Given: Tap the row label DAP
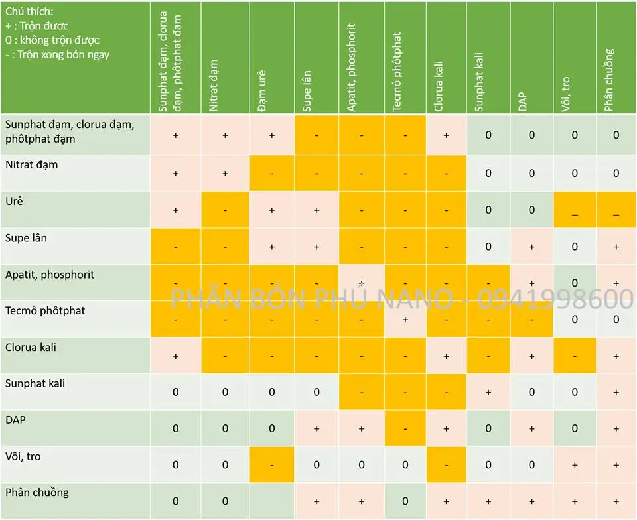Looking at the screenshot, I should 16,420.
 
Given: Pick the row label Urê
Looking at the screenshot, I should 15,201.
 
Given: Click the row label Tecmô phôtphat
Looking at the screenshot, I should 45,310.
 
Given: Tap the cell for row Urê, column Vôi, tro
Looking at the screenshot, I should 575,210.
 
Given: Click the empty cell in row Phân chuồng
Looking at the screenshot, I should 272,501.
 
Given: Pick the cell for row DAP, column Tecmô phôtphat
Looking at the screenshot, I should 405,428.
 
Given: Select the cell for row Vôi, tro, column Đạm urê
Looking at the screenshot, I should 272,464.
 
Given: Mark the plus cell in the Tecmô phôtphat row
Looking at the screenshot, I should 405,319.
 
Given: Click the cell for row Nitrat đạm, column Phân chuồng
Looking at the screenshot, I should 616,173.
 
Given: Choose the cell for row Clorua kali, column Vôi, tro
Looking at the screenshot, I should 575,356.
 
